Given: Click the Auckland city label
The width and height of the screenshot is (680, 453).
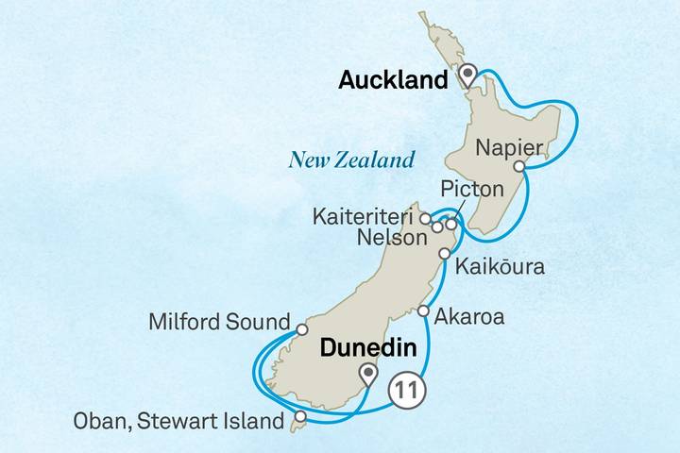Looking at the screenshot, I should [x=392, y=82].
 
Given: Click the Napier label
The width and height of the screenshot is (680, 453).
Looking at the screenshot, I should [x=510, y=147].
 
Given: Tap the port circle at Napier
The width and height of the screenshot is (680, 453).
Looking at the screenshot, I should [x=518, y=167].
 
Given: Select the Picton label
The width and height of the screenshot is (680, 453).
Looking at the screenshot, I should [x=471, y=190].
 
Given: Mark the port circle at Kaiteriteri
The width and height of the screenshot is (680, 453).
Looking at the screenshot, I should [x=425, y=217].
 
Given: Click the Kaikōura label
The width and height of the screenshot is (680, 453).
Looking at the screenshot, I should [x=500, y=267].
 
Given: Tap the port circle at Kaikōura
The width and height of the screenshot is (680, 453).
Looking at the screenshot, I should [x=444, y=254].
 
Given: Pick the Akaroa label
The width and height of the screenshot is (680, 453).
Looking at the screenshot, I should [x=469, y=317].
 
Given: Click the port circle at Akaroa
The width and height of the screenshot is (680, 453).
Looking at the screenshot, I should [x=423, y=311].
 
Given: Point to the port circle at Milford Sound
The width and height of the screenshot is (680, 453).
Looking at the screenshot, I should [x=301, y=329].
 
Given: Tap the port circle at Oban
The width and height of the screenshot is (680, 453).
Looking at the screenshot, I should [x=299, y=416].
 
